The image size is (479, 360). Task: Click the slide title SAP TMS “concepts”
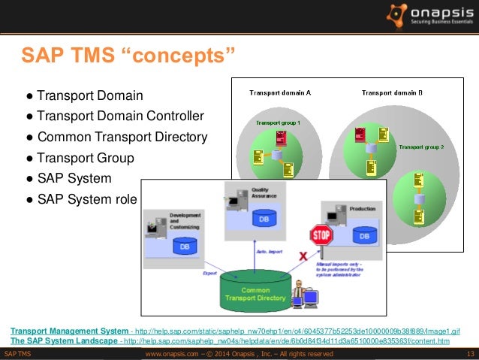coord(128,56)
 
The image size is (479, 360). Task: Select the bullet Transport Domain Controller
coord(114,116)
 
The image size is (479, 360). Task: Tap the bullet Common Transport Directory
coord(116,138)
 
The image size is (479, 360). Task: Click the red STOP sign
coord(322,236)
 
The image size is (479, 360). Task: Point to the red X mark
coord(303,256)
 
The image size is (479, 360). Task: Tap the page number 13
coord(470,354)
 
